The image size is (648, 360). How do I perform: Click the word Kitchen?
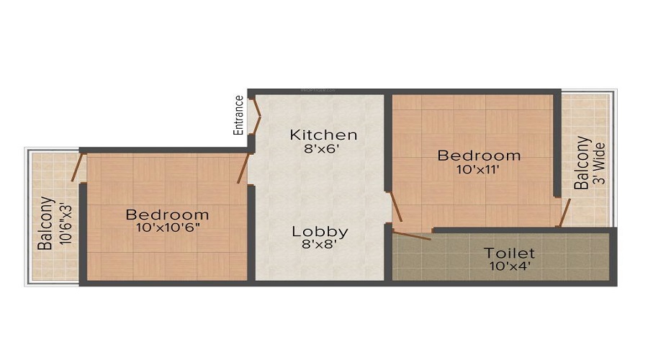click(x=323, y=135)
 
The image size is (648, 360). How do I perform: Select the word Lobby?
click(x=320, y=232)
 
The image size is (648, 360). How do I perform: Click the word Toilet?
click(x=509, y=253)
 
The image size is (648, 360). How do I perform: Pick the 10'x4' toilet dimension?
click(x=509, y=267)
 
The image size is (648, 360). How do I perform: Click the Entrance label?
click(x=238, y=115)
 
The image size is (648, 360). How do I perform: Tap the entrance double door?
click(x=253, y=115)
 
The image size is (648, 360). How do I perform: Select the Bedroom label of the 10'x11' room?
click(x=479, y=155)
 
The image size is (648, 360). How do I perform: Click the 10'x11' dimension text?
click(x=479, y=170)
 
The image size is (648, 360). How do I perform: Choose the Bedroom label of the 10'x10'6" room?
click(x=167, y=214)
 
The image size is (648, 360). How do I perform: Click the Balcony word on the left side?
click(x=45, y=223)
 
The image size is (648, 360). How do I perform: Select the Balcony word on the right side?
click(x=580, y=163)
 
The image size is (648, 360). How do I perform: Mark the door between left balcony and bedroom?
click(x=76, y=167)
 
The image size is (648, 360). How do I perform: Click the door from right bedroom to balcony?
click(x=564, y=212)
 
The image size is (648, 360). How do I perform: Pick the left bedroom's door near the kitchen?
click(x=243, y=168)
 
